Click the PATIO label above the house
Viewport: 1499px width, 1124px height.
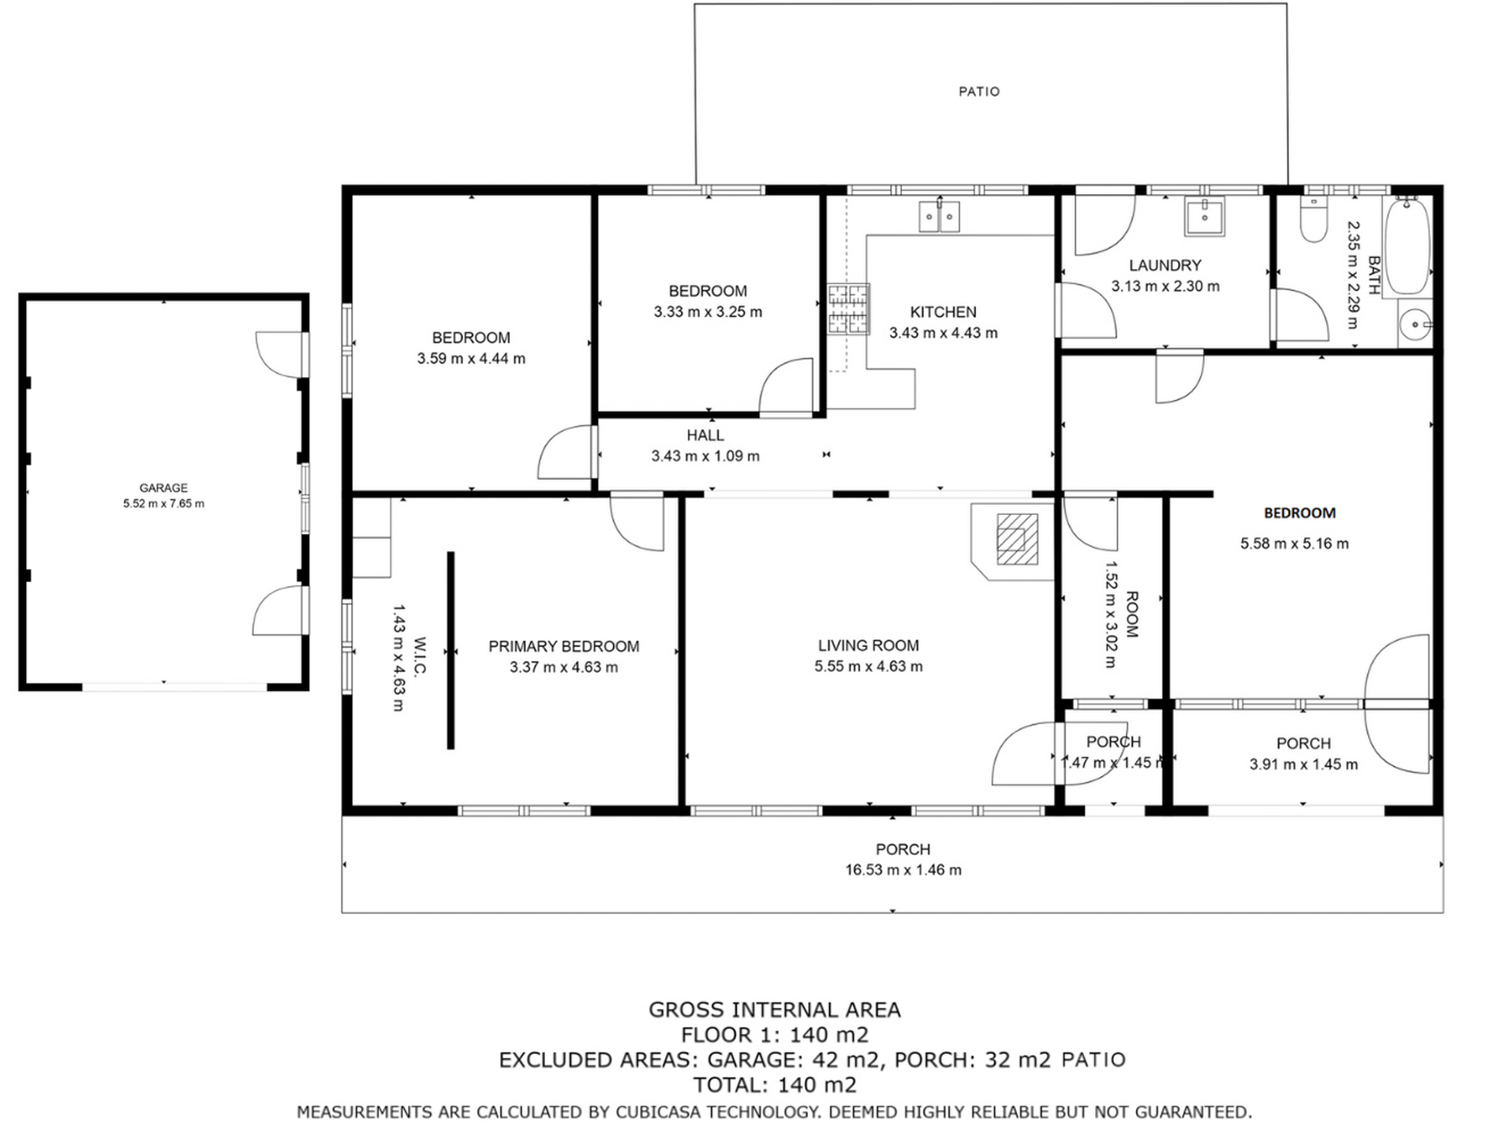pos(978,91)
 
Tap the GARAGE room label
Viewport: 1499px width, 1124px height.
pos(163,487)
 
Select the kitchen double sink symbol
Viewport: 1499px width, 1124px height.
pos(939,217)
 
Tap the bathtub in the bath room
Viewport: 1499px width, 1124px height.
pos(1408,246)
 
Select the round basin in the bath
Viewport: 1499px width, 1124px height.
pos(1416,324)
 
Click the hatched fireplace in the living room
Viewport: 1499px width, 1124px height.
pos(1016,540)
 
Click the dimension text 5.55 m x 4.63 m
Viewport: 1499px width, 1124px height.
pos(868,667)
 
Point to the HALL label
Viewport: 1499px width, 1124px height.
pos(705,435)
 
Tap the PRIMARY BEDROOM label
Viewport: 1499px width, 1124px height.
pos(563,647)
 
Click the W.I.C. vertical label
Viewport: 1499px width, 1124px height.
pos(420,657)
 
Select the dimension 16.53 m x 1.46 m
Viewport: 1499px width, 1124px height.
pos(903,870)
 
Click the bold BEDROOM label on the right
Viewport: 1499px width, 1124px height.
pos(1299,513)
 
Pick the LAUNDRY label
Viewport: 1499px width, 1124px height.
pos(1164,266)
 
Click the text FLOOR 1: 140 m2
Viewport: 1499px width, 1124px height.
pos(774,1035)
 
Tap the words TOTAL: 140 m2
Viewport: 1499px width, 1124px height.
pos(774,1085)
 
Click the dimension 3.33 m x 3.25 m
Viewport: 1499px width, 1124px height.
pos(708,312)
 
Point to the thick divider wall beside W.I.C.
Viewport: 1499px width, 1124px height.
pos(450,650)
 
